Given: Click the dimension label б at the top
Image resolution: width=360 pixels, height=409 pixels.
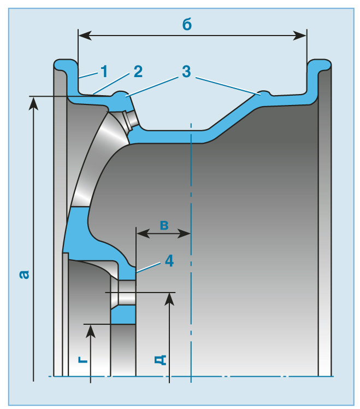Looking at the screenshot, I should click(x=187, y=24).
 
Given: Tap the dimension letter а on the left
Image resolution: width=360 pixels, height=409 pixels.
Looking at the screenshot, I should click(x=23, y=274).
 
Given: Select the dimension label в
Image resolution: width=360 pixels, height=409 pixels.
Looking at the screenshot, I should click(x=163, y=224).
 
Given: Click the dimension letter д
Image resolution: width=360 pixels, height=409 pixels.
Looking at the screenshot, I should click(x=160, y=359).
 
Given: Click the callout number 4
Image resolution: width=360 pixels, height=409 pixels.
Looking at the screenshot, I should click(x=169, y=261).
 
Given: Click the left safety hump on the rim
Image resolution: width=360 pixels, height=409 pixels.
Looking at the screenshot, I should click(x=121, y=95).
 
